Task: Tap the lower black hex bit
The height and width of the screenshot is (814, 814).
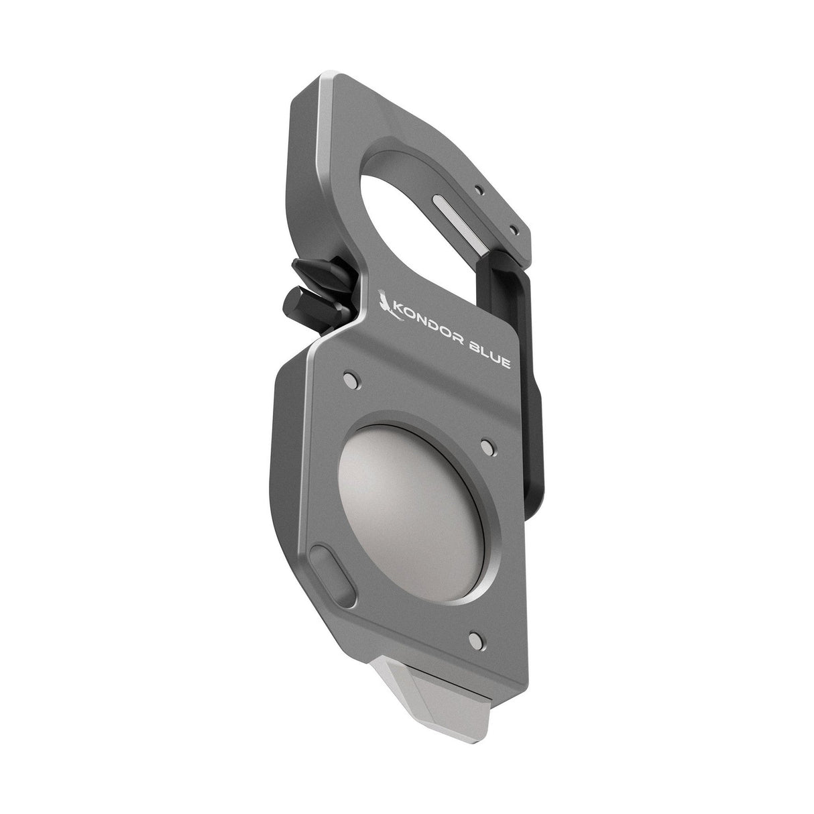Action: (x=316, y=304)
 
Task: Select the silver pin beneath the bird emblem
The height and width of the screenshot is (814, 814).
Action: (x=351, y=380)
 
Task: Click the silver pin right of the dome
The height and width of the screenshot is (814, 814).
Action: (x=488, y=447)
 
